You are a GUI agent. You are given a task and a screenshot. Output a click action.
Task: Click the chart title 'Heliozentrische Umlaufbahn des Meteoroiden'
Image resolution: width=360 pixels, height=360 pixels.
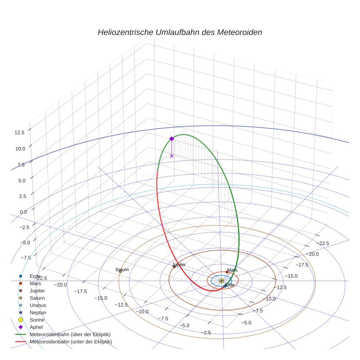pyautogui.click(x=180, y=32)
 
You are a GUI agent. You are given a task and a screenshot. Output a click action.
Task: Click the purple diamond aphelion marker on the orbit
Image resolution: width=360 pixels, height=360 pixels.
pyautogui.click(x=172, y=139)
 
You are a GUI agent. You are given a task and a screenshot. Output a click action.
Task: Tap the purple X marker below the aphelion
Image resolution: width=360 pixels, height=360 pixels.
pyautogui.click(x=172, y=156)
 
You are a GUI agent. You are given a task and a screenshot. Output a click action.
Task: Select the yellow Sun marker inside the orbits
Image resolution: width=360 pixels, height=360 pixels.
pyautogui.click(x=221, y=281)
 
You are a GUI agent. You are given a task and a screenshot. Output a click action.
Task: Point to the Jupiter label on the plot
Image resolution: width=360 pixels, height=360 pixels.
pyautogui.click(x=179, y=265)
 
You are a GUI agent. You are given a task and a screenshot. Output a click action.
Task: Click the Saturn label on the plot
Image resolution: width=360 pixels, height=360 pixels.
pyautogui.click(x=122, y=270)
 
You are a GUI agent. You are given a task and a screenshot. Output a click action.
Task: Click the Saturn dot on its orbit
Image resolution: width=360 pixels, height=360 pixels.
pyautogui.click(x=120, y=271)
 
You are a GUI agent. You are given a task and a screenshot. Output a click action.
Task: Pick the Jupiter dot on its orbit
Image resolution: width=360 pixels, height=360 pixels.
pyautogui.click(x=174, y=267)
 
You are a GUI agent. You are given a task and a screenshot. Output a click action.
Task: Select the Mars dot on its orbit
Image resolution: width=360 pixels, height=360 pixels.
pyautogui.click(x=227, y=272)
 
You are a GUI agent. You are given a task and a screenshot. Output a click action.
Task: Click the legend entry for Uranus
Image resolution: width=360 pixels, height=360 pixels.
pyautogui.click(x=38, y=305)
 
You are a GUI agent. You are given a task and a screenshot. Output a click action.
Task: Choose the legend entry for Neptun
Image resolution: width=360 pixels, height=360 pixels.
pyautogui.click(x=38, y=312)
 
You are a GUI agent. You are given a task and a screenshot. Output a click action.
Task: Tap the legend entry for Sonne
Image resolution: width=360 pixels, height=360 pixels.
pyautogui.click(x=37, y=320)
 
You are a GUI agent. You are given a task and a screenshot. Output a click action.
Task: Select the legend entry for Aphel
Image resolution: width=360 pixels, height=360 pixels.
pyautogui.click(x=37, y=327)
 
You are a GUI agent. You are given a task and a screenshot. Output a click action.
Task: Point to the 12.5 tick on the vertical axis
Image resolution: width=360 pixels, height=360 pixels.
pyautogui.click(x=19, y=132)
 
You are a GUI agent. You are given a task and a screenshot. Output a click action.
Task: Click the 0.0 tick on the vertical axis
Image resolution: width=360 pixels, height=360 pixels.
pyautogui.click(x=23, y=212)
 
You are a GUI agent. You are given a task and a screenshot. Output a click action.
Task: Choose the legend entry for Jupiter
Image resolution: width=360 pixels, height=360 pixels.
pyautogui.click(x=37, y=290)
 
